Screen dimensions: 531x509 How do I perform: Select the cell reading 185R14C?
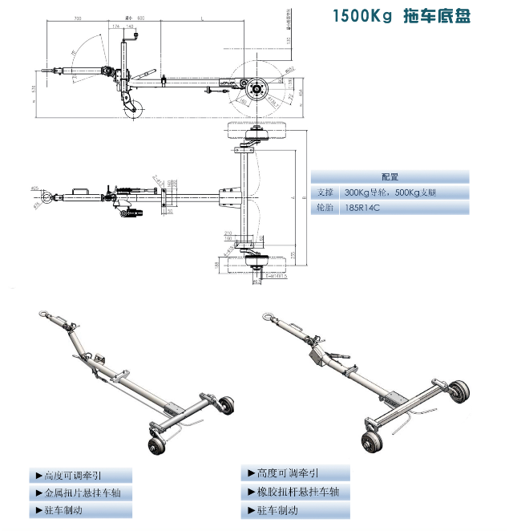(x=363, y=208)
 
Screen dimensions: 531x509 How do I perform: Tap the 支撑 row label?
(x=325, y=193)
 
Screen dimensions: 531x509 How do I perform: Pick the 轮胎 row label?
(x=325, y=208)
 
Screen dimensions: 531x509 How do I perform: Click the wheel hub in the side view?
(x=258, y=88)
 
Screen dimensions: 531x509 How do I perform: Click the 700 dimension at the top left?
(x=78, y=17)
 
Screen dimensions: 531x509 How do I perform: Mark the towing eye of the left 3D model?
(x=42, y=312)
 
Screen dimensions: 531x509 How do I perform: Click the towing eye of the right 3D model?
(x=266, y=314)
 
